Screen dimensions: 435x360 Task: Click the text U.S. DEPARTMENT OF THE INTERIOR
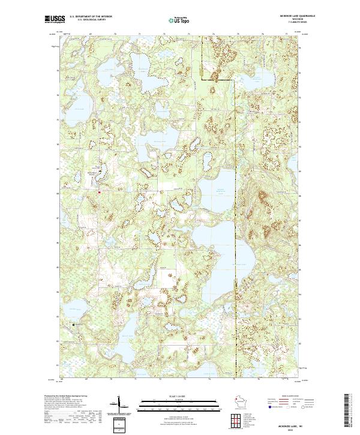click(89, 17)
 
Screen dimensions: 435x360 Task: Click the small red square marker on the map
click(100, 192)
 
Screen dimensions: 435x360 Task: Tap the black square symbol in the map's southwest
click(74, 325)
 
